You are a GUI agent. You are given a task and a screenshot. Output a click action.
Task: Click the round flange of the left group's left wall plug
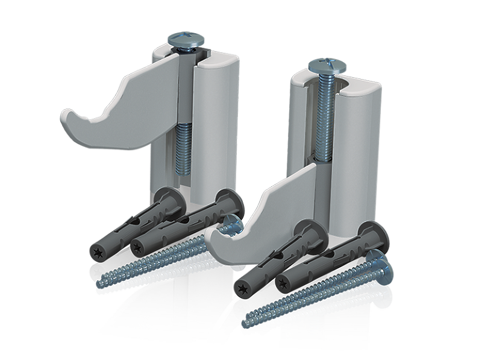171,201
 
